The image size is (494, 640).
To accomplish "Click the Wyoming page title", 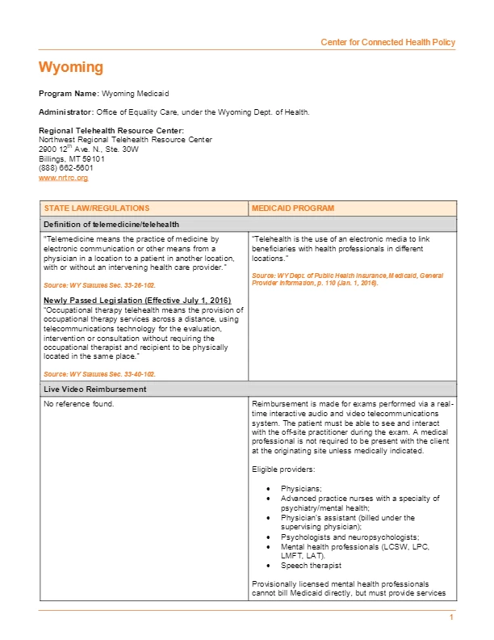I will pos(71,67).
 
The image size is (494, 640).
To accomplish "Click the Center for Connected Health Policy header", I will pos(387,42).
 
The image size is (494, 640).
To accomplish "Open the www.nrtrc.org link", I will pos(63,177).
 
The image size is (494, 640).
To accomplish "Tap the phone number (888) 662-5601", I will pos(65,167).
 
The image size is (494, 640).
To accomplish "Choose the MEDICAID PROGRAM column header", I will pos(293,208).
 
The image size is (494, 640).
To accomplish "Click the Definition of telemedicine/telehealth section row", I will pos(111,224).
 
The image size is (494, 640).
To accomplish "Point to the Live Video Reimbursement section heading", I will pos(95,389).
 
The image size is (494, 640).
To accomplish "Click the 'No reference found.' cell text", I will pos(79,403).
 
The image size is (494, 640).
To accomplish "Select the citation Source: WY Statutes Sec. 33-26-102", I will pos(99,286).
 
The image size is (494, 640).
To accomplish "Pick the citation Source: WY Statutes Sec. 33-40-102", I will pos(99,374).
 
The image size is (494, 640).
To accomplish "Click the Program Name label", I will pos(69,94).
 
